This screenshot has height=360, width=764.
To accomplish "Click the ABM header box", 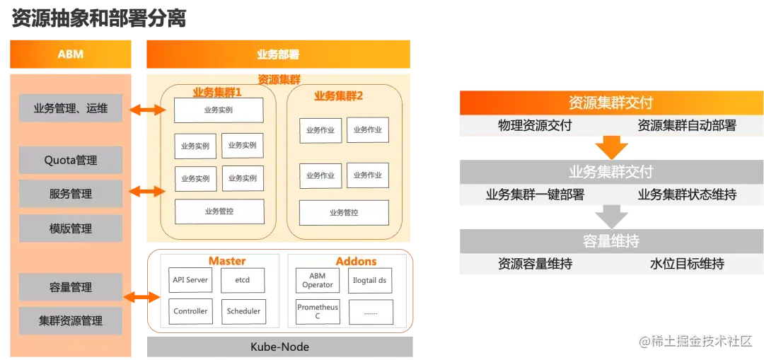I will [x=70, y=54].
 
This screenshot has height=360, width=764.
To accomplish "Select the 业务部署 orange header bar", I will [x=277, y=54].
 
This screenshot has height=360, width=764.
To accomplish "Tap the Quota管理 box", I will [x=71, y=161].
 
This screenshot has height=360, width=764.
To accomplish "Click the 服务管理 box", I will [x=71, y=194].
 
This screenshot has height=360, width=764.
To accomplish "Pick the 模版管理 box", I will [x=71, y=228].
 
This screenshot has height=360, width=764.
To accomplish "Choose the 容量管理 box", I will [x=71, y=287].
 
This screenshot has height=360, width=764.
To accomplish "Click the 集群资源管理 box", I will [x=71, y=320].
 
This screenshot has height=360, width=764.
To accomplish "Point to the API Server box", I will [x=190, y=280].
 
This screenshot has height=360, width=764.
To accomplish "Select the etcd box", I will [x=243, y=280].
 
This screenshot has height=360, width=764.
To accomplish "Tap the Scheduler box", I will [x=243, y=311].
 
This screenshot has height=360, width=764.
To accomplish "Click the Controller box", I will [x=190, y=311].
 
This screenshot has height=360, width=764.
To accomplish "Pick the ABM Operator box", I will [x=318, y=281].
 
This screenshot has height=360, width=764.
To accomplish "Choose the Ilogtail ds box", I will [x=370, y=281].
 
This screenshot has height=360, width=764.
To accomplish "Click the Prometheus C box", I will [x=318, y=312].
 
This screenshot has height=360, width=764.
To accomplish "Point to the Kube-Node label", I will [x=279, y=347].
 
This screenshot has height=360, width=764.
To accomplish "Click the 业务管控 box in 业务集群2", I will [x=344, y=212].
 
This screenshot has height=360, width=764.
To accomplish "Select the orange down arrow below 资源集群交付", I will [x=610, y=148].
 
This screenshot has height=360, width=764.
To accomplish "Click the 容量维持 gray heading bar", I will [x=610, y=241].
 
